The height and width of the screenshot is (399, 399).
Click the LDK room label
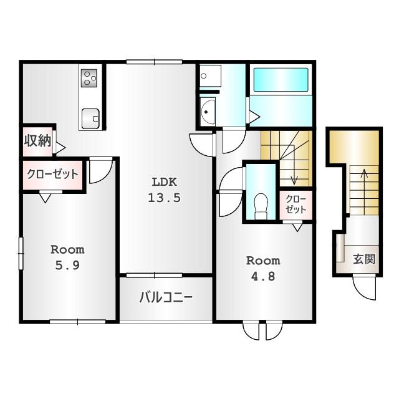(x=164, y=182)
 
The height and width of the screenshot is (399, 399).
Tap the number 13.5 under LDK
(x=164, y=198)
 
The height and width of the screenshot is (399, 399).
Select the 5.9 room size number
(x=67, y=266)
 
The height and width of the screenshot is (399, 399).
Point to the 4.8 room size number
(x=263, y=276)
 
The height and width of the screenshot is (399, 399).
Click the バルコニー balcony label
(x=166, y=297)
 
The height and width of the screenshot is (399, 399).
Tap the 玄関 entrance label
(x=364, y=259)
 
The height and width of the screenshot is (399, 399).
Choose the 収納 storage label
(x=37, y=140)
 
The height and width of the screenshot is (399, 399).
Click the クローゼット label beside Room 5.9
(x=52, y=174)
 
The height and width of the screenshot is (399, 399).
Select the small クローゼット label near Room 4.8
(x=296, y=204)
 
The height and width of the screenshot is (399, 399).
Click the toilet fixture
(x=261, y=206)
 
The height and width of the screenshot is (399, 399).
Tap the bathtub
(x=281, y=80)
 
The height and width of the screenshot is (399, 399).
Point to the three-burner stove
(x=89, y=78)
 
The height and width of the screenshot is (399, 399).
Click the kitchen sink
(x=90, y=119)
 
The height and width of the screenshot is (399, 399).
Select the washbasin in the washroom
(x=208, y=112)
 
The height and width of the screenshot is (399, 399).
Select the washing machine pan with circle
(x=210, y=76)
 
